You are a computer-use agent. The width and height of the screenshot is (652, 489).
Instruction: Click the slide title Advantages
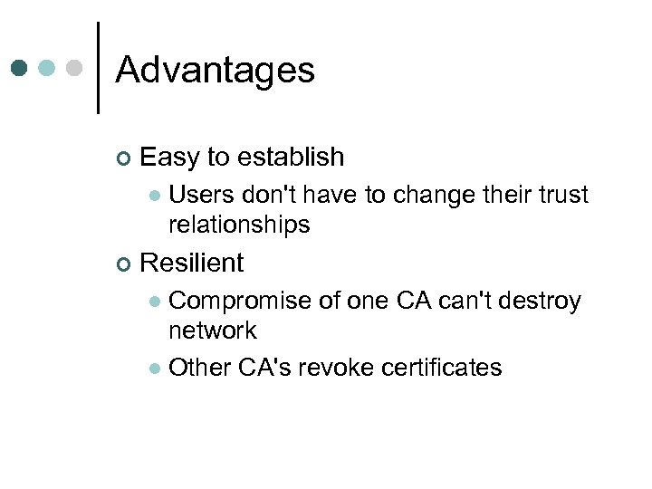click(x=215, y=70)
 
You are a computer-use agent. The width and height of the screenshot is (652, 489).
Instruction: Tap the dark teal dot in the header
click(x=21, y=68)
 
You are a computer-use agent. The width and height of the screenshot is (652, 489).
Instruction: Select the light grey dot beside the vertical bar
click(x=75, y=68)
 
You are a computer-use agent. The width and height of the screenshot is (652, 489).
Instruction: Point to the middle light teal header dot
click(x=48, y=68)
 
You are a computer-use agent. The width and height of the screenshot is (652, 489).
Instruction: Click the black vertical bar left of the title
click(x=98, y=68)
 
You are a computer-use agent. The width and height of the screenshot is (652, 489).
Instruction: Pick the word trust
click(x=560, y=195)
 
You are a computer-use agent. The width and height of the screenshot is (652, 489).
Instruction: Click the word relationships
click(x=239, y=225)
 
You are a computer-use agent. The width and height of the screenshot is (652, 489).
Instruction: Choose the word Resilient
click(x=192, y=263)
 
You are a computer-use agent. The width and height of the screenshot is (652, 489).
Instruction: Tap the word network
click(x=213, y=331)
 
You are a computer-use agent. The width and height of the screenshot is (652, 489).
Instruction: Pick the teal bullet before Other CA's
click(x=155, y=369)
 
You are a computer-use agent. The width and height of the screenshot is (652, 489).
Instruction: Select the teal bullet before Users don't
click(x=155, y=196)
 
